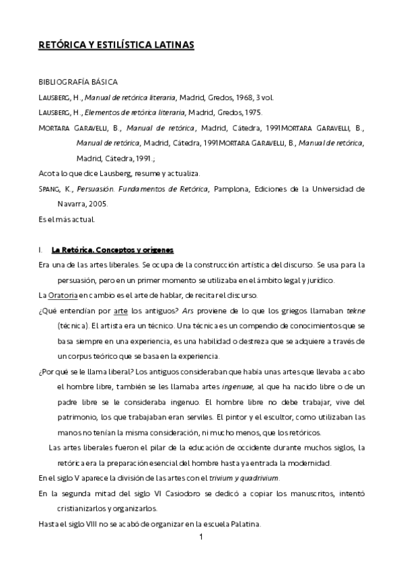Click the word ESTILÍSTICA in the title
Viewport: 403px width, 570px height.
click(x=125, y=45)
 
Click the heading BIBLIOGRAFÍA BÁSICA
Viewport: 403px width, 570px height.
click(x=78, y=81)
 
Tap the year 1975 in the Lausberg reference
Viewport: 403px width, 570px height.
click(x=252, y=112)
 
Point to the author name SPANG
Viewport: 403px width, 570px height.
click(x=50, y=190)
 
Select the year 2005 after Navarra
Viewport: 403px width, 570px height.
click(x=95, y=204)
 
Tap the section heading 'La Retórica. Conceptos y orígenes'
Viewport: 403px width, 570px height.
click(x=112, y=250)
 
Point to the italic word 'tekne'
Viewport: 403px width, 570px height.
click(x=355, y=311)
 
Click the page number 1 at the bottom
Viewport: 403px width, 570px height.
click(x=201, y=538)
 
